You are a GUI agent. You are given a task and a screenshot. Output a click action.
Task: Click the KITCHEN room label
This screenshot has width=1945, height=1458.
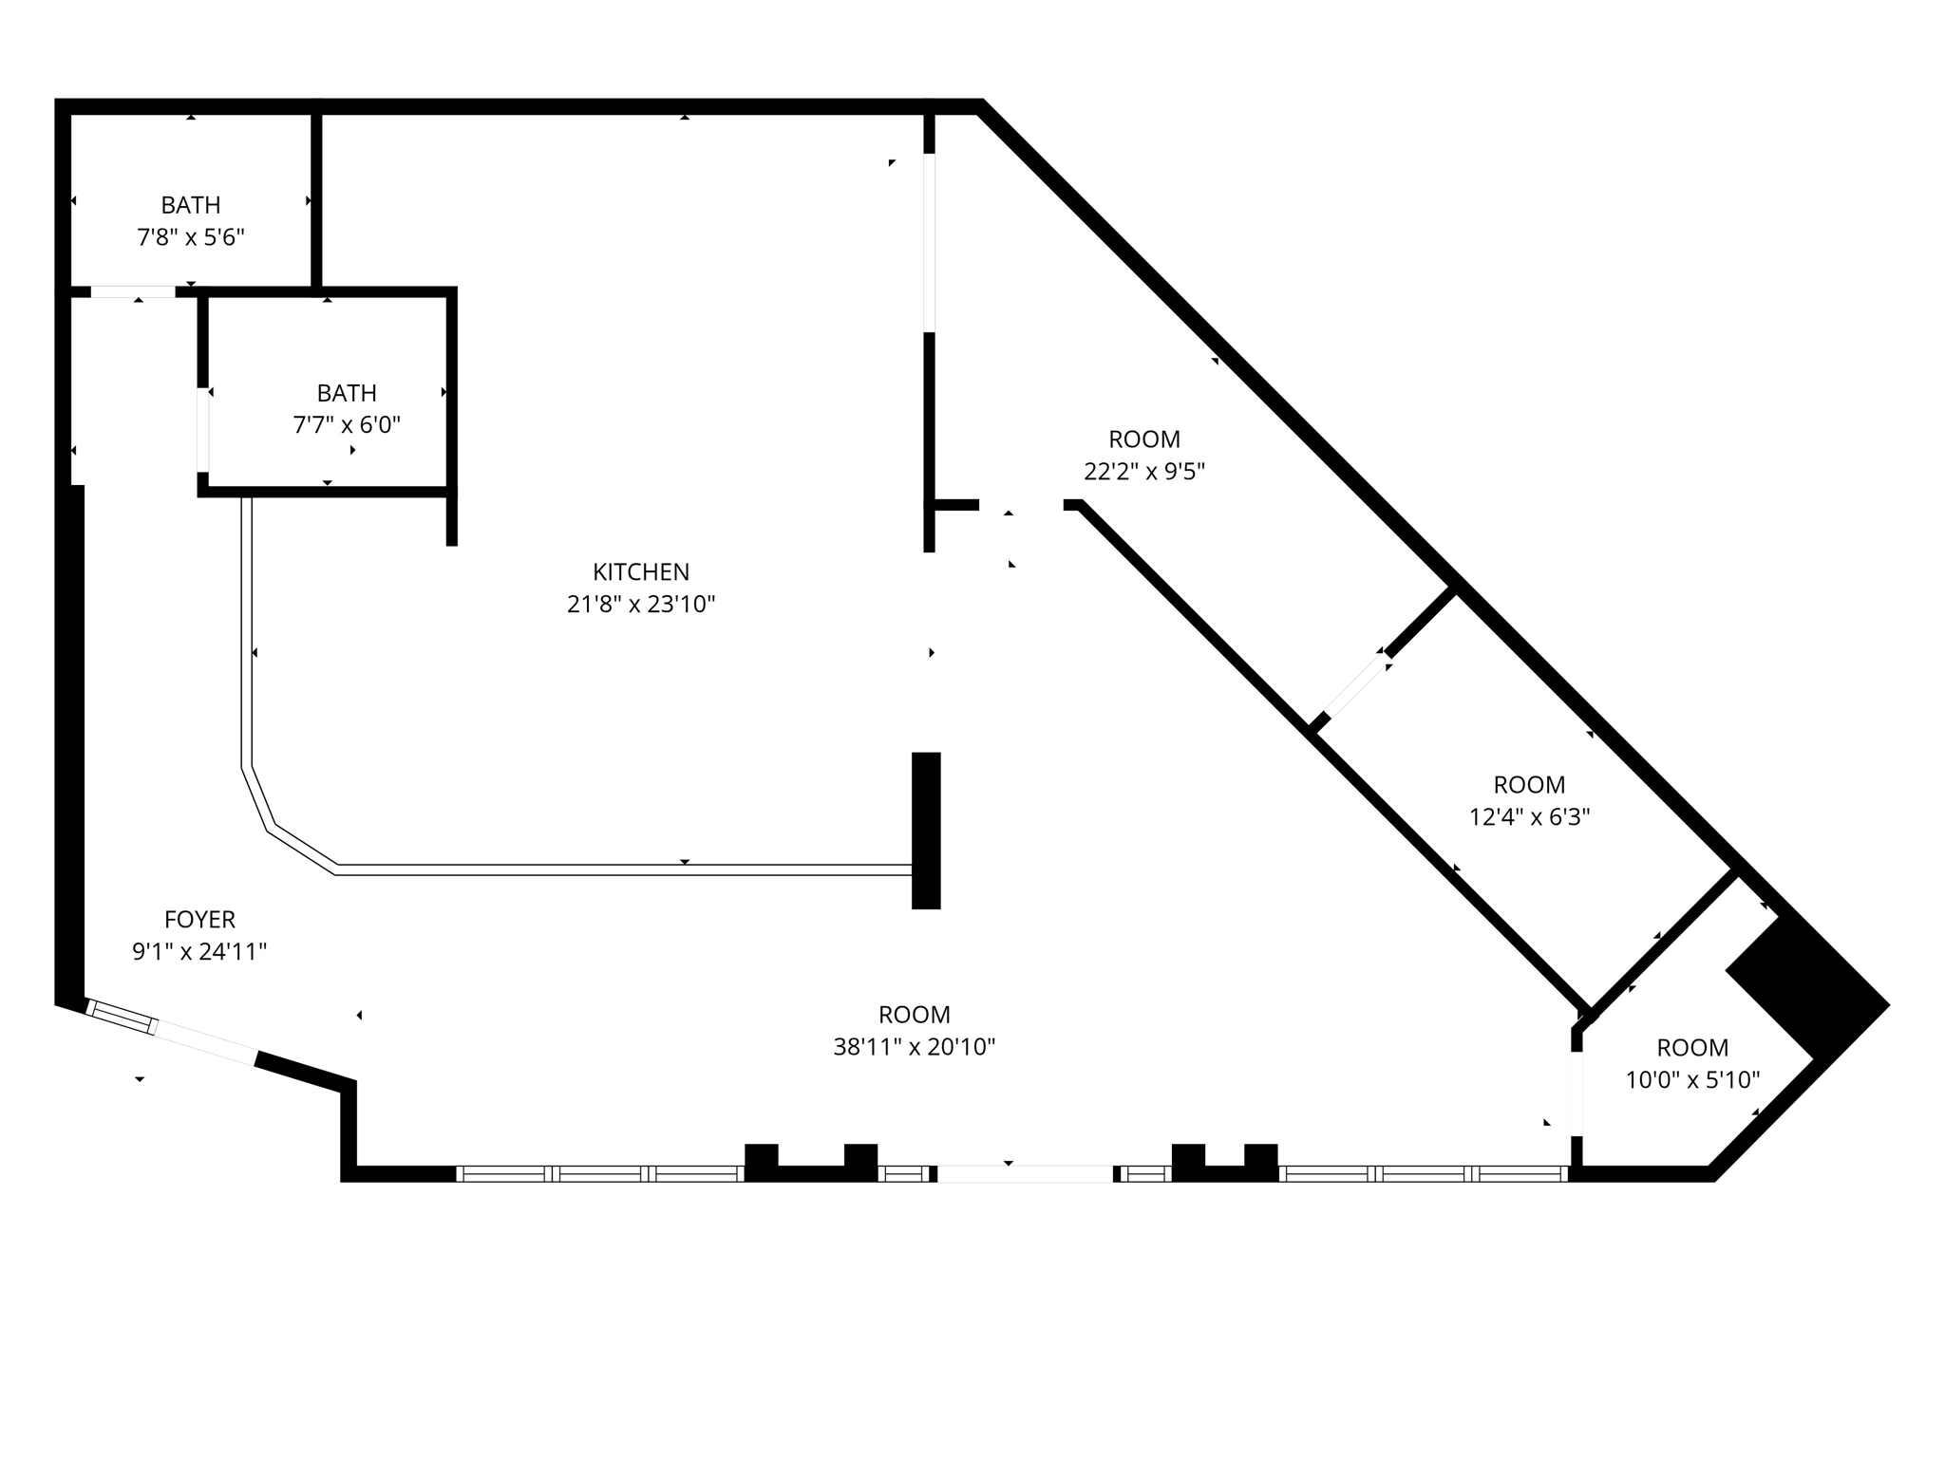pyautogui.click(x=641, y=571)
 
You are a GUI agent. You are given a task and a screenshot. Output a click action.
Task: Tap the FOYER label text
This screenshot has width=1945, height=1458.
pyautogui.click(x=199, y=919)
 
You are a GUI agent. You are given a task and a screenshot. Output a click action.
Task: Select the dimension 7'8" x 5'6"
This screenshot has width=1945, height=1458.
pyautogui.click(x=191, y=237)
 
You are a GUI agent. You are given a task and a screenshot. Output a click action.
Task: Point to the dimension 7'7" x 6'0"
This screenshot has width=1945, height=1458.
pyautogui.click(x=347, y=424)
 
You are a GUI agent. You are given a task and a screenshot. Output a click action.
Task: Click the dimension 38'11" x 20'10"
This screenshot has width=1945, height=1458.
pyautogui.click(x=914, y=1047)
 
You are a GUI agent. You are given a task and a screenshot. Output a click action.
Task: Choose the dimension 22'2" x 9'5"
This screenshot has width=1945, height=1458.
pyautogui.click(x=1144, y=472)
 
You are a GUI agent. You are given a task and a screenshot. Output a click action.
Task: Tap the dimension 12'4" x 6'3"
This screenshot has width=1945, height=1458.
pyautogui.click(x=1529, y=817)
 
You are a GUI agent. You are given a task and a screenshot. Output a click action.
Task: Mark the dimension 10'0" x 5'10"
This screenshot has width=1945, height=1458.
pyautogui.click(x=1692, y=1080)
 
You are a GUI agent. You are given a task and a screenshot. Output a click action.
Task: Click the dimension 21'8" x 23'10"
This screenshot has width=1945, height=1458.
pyautogui.click(x=641, y=605)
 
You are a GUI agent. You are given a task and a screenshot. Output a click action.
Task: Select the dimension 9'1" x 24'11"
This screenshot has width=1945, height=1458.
pyautogui.click(x=199, y=952)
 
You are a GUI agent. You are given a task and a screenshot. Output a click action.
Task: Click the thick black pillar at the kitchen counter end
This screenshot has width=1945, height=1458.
pyautogui.click(x=926, y=831)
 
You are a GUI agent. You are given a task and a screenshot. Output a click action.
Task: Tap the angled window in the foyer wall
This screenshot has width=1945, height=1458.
pyautogui.click(x=122, y=1017)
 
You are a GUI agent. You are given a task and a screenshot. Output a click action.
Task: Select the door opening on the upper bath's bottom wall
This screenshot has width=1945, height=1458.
pyautogui.click(x=133, y=291)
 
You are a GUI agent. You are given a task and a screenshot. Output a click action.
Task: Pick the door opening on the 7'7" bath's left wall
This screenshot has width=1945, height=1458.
pyautogui.click(x=203, y=429)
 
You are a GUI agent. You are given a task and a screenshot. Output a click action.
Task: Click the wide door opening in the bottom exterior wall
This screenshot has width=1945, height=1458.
pyautogui.click(x=1025, y=1174)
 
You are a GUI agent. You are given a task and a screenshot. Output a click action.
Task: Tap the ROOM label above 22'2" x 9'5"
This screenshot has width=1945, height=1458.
pyautogui.click(x=1144, y=439)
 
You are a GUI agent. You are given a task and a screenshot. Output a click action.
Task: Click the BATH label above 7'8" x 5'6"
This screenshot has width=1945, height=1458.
pyautogui.click(x=191, y=205)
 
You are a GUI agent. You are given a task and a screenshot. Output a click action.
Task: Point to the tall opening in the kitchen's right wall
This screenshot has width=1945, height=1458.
pyautogui.click(x=929, y=242)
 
